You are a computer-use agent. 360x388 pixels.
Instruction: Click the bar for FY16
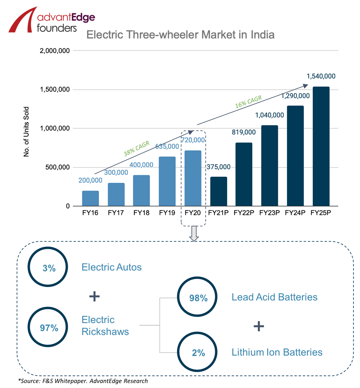pyautogui.click(x=90, y=198)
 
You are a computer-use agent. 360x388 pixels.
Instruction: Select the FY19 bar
pyautogui.click(x=167, y=181)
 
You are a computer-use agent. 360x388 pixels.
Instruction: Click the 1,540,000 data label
pyautogui.click(x=321, y=76)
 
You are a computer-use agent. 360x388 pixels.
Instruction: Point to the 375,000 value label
pyautogui.click(x=219, y=167)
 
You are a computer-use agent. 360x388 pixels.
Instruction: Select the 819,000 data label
pyautogui.click(x=244, y=132)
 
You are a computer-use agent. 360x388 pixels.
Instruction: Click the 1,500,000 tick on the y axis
pyautogui.click(x=55, y=90)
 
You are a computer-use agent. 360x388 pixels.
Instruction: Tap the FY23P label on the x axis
pyautogui.click(x=269, y=213)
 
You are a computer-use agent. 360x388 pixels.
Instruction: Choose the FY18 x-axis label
pyautogui.click(x=141, y=213)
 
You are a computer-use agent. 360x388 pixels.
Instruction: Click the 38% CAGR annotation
pyautogui.click(x=136, y=149)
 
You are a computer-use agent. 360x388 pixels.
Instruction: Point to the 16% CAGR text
pyautogui.click(x=248, y=102)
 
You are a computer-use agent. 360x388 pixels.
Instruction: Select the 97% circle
pyautogui.click(x=48, y=327)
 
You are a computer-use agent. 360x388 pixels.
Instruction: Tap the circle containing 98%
pyautogui.click(x=197, y=297)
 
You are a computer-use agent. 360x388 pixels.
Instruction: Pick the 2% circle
pyautogui.click(x=197, y=352)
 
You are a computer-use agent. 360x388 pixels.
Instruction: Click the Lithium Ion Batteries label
pyautogui.click(x=277, y=352)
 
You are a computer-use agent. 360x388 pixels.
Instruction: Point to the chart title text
pyautogui.click(x=180, y=35)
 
